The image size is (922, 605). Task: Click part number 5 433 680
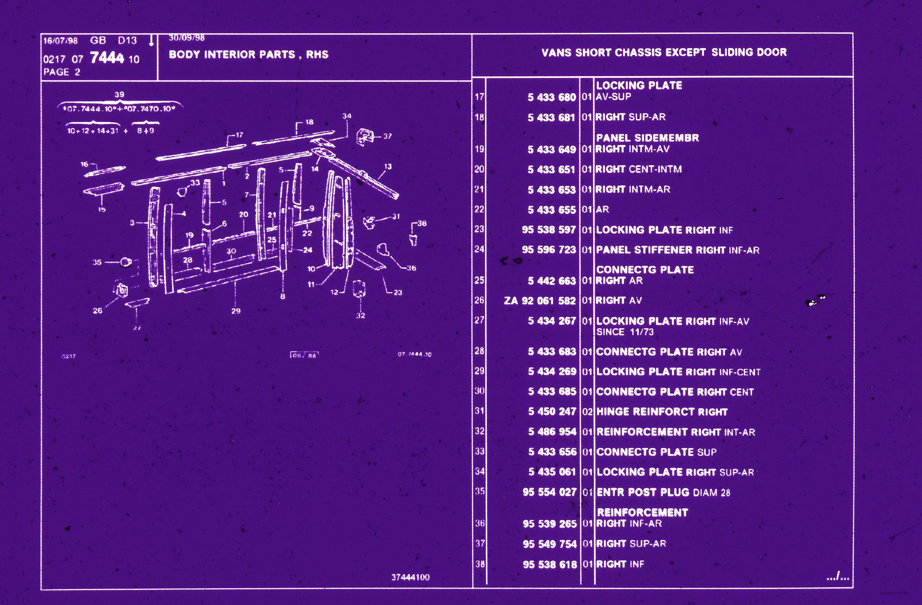(x=551, y=97)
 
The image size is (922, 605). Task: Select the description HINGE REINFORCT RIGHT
(x=662, y=412)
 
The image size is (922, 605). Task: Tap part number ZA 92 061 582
(x=540, y=301)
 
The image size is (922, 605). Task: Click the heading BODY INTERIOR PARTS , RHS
(x=248, y=54)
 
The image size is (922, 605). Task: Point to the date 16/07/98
(x=60, y=41)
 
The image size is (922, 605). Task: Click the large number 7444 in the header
(x=107, y=58)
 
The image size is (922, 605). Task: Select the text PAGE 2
(x=61, y=72)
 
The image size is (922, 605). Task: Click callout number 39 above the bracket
(x=119, y=94)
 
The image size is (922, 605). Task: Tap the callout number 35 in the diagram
(x=97, y=262)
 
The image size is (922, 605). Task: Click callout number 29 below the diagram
(x=236, y=311)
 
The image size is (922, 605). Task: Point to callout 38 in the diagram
(x=422, y=223)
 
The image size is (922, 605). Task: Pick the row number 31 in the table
(x=479, y=411)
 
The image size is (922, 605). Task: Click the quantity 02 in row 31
(x=587, y=412)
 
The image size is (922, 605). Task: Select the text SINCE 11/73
(x=625, y=332)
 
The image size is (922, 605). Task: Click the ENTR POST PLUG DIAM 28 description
(x=663, y=492)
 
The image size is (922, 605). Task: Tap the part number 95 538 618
(x=549, y=564)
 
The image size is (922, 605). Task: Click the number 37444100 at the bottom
(x=410, y=577)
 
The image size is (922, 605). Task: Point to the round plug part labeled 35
(x=125, y=262)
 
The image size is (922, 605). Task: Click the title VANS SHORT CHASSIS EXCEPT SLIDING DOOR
(x=664, y=52)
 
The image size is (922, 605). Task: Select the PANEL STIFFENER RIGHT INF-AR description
(x=677, y=250)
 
